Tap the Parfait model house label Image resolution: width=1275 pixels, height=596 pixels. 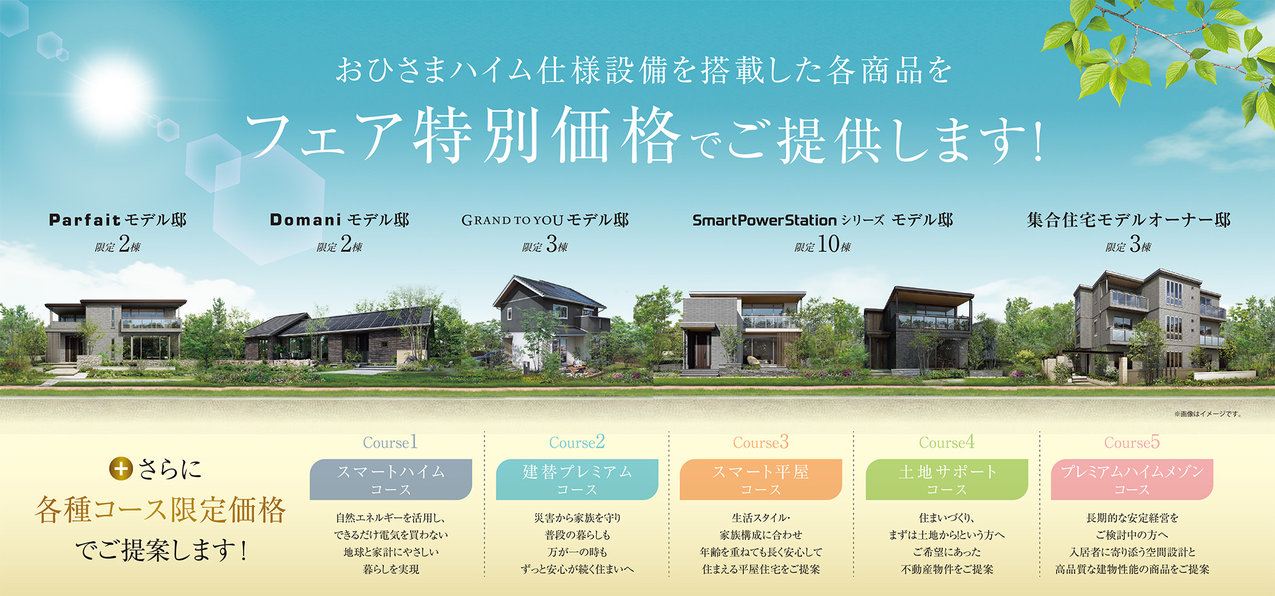coord(118,220)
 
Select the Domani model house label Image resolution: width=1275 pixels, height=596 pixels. coord(340,220)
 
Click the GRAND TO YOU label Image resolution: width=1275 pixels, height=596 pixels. coord(545,220)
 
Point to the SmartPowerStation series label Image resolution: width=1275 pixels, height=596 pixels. coord(823,220)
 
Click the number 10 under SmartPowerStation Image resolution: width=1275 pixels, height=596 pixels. coord(829,244)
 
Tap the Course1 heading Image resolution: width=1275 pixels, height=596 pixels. coord(390,442)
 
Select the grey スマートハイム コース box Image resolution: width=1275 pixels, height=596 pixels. coord(391,479)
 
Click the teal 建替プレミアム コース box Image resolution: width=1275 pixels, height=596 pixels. coord(577,479)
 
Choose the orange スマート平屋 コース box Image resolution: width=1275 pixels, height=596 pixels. coord(761,479)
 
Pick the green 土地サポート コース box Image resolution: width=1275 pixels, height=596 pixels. coord(947,479)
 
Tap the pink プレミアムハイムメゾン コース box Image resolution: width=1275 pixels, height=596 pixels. coord(1132,479)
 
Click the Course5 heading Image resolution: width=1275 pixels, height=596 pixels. coord(1132,442)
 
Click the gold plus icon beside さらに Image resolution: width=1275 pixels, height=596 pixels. coord(120,469)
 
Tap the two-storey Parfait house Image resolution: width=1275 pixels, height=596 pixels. coord(115,331)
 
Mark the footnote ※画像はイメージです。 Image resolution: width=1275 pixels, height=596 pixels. coord(1208,414)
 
